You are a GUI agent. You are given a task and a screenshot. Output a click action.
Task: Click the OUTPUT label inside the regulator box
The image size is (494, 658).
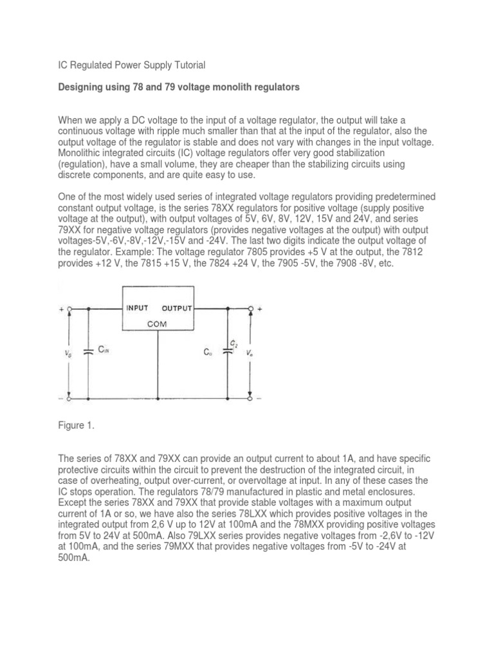176,308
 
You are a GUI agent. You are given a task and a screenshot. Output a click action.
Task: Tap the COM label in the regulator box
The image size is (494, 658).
158,325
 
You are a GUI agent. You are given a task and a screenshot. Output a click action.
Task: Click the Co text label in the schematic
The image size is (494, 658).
208,353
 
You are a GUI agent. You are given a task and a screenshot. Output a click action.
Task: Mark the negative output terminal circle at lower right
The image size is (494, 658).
250,398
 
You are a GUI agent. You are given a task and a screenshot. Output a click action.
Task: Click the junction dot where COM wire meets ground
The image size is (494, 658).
158,398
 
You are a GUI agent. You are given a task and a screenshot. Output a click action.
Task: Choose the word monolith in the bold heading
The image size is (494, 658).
217,87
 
